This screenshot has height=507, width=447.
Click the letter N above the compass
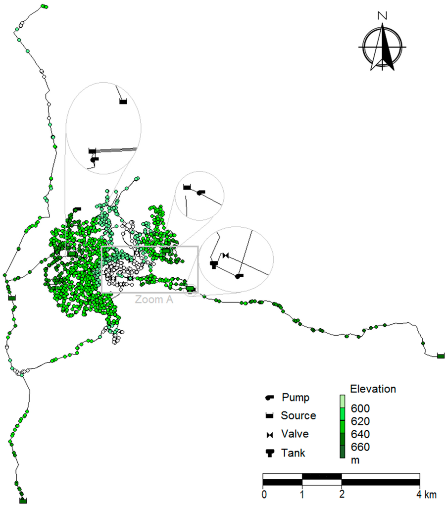[x=382, y=15]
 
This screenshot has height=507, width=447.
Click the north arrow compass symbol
[x=382, y=48]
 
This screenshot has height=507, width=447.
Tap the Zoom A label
[x=154, y=299]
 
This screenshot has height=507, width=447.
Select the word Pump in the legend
[x=295, y=397]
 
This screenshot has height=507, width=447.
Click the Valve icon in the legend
[x=270, y=434]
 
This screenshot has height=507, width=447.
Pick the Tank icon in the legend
[x=270, y=453]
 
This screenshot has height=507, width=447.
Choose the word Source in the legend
[x=298, y=415]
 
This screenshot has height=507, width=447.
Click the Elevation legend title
[x=373, y=389]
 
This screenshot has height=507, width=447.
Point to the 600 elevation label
[x=359, y=408]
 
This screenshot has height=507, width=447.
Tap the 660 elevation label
[x=359, y=447]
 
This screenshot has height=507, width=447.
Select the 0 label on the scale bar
[x=264, y=494]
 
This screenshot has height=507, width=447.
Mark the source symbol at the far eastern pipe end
[x=441, y=355]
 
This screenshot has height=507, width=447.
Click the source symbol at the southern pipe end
[x=23, y=501]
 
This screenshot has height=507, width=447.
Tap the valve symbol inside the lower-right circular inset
[x=226, y=255]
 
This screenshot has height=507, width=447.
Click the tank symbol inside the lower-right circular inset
[x=214, y=264]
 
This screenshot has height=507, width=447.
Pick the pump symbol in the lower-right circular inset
[x=239, y=276]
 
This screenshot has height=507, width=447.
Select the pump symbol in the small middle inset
[x=200, y=192]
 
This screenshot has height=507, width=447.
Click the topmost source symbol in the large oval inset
[x=123, y=101]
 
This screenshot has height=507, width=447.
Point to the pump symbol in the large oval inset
[x=94, y=159]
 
